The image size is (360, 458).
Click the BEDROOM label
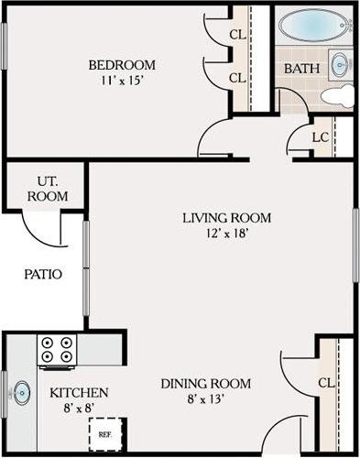(121, 65)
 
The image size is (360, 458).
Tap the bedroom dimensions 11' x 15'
(121, 81)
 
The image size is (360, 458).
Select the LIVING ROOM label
(226, 217)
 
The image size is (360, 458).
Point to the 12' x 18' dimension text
(226, 233)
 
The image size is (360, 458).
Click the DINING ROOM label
(206, 383)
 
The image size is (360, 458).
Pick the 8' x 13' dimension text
(206, 398)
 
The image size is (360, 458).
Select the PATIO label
(42, 273)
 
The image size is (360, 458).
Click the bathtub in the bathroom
(314, 26)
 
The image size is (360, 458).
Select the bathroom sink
(341, 65)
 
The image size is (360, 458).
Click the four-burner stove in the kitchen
(57, 349)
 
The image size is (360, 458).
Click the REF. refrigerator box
(105, 433)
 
